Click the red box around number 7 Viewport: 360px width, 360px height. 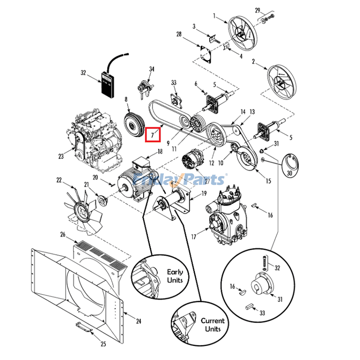(x=153, y=134)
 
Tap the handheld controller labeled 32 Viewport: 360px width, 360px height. (x=108, y=84)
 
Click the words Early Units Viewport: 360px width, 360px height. (x=175, y=276)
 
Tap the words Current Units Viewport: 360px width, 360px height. (x=212, y=324)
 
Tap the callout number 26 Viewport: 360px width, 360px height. (x=63, y=234)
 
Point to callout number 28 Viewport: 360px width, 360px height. (x=179, y=34)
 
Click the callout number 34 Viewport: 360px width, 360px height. (x=152, y=69)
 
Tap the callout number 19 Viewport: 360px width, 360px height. (x=204, y=194)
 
